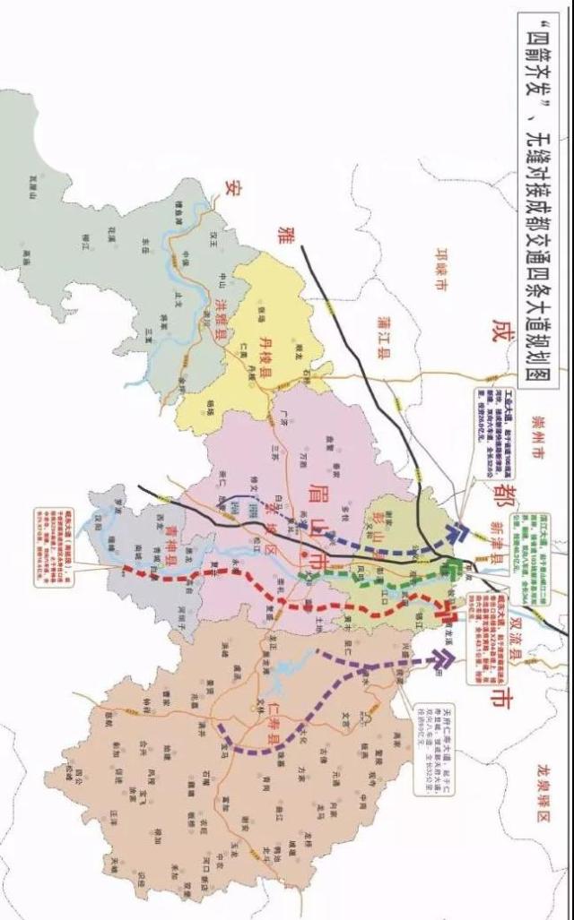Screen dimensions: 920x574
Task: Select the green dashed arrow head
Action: click(x=457, y=567)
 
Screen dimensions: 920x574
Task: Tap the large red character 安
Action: click(x=235, y=189)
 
